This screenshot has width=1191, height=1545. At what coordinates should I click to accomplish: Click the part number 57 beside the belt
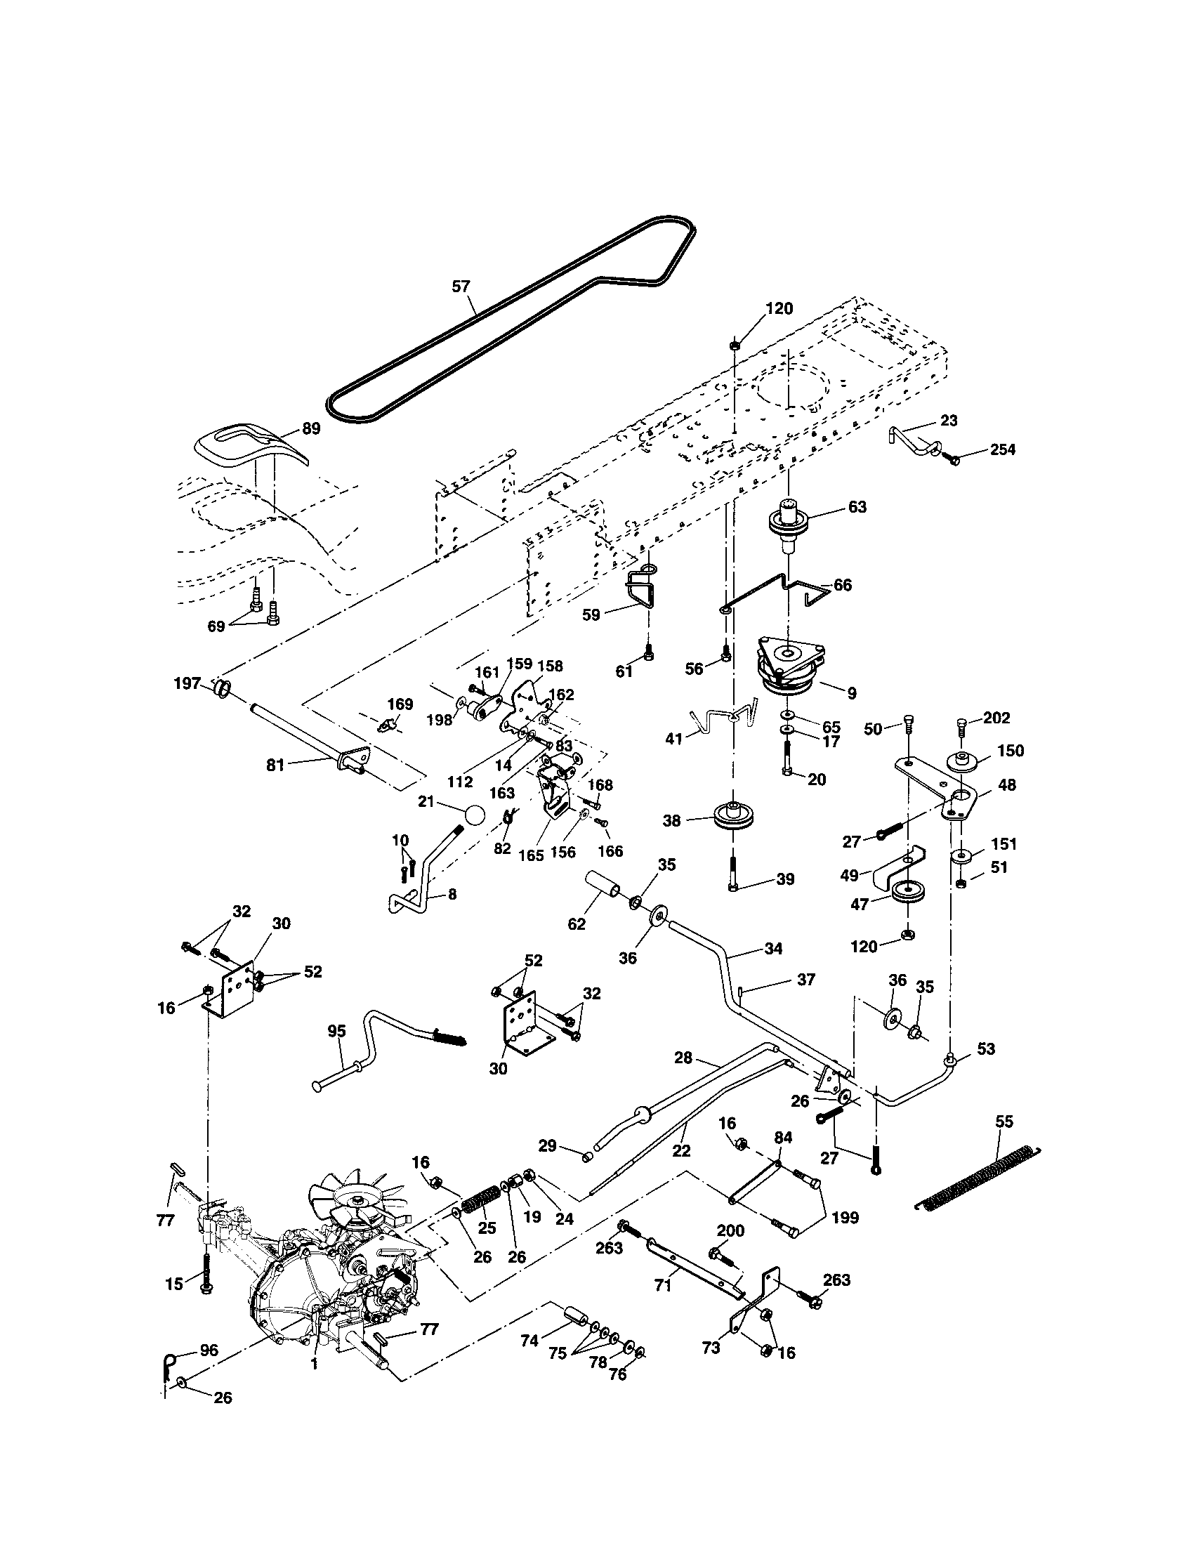click(461, 287)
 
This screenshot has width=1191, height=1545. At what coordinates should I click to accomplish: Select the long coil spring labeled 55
click(978, 1173)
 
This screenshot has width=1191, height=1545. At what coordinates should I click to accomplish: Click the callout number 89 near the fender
click(310, 428)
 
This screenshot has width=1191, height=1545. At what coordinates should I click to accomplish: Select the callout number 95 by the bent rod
click(336, 1032)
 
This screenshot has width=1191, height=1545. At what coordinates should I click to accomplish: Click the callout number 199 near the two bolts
click(845, 1218)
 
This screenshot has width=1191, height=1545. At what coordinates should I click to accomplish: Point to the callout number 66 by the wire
click(842, 585)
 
